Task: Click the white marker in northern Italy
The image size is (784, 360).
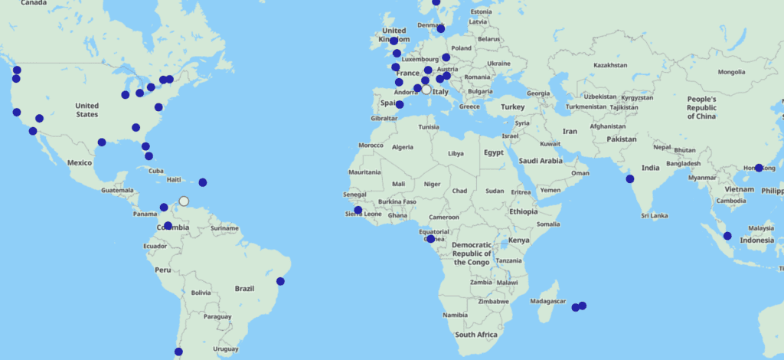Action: coord(426,89)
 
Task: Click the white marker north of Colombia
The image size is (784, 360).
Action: coord(184,201)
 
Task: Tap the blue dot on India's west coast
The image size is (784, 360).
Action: coord(629,179)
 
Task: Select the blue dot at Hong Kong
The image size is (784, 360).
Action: coord(759,168)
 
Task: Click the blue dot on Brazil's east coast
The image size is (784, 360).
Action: coord(281,281)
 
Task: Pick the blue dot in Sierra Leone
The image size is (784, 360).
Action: coord(358,210)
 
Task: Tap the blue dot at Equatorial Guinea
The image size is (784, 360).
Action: coord(430,239)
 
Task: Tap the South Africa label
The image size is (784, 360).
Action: coord(476,335)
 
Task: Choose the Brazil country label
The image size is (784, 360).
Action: coord(244,289)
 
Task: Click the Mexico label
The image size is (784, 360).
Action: coord(80,162)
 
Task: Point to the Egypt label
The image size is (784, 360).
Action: coord(494,152)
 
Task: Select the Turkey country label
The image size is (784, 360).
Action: coord(513,107)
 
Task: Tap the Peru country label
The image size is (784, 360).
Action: coord(163,270)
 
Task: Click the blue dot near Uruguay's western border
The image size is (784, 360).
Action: coord(178,352)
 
